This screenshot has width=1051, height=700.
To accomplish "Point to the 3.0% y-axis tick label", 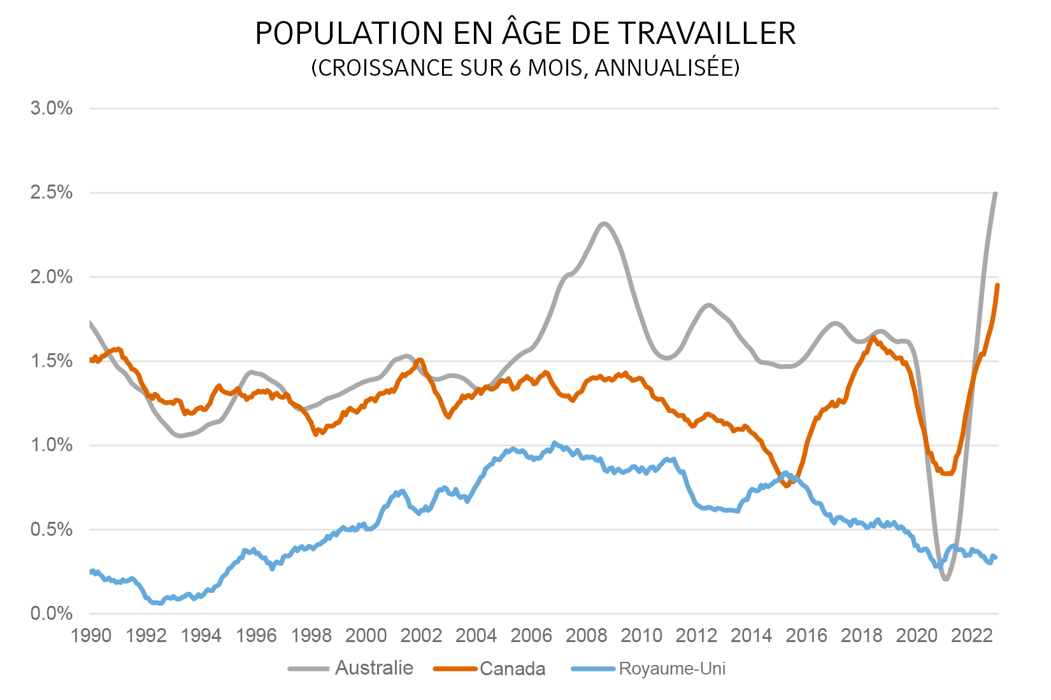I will (52, 108).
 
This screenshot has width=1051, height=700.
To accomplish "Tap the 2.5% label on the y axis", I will (52, 192).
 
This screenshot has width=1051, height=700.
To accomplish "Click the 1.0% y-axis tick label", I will (52, 445).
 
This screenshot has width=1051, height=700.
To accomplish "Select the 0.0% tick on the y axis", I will (52, 613).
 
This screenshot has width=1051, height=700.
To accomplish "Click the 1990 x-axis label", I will (92, 635).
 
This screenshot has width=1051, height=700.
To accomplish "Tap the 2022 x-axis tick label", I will (971, 635).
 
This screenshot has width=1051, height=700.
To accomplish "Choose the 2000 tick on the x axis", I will (366, 635).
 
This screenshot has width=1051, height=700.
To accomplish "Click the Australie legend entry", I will (373, 668).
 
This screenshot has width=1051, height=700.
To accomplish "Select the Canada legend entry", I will (512, 669).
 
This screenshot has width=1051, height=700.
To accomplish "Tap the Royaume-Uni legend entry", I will (672, 669).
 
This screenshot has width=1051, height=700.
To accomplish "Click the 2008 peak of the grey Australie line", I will (603, 223).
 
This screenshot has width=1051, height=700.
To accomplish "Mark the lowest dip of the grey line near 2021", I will (945, 578).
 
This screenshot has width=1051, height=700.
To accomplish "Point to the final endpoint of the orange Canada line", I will (997, 285).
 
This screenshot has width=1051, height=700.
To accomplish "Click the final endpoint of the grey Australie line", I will (996, 193).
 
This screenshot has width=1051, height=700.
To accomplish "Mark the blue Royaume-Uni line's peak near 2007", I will (554, 442).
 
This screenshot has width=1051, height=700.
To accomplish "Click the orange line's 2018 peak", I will (873, 337).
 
